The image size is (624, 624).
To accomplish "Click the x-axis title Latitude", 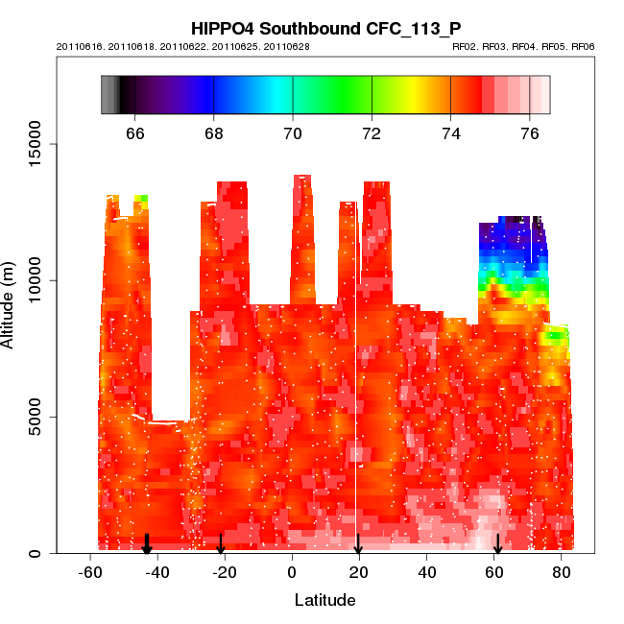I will click(324, 600).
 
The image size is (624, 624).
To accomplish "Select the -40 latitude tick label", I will click(156, 572).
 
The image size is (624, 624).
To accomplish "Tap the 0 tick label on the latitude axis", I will click(292, 572).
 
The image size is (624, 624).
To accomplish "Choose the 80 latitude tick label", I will click(562, 572).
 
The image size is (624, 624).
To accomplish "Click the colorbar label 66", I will click(135, 132).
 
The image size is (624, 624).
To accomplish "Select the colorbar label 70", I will click(293, 132).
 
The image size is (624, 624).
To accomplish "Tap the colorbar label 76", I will click(530, 132).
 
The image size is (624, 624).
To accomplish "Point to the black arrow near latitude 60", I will click(497, 545).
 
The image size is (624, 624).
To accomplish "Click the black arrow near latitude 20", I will click(358, 545).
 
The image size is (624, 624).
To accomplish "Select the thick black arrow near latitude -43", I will click(147, 544).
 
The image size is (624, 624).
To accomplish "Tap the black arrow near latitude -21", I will click(221, 545).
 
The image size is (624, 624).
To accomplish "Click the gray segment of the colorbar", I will click(110, 95).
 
